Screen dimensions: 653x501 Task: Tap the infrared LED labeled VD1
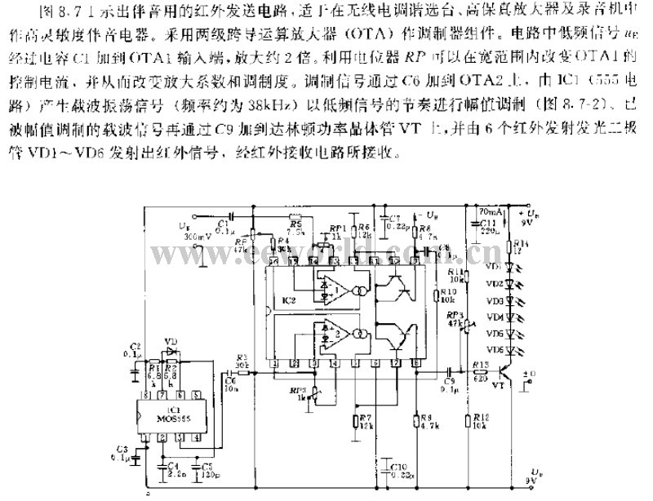(x=512, y=265)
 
